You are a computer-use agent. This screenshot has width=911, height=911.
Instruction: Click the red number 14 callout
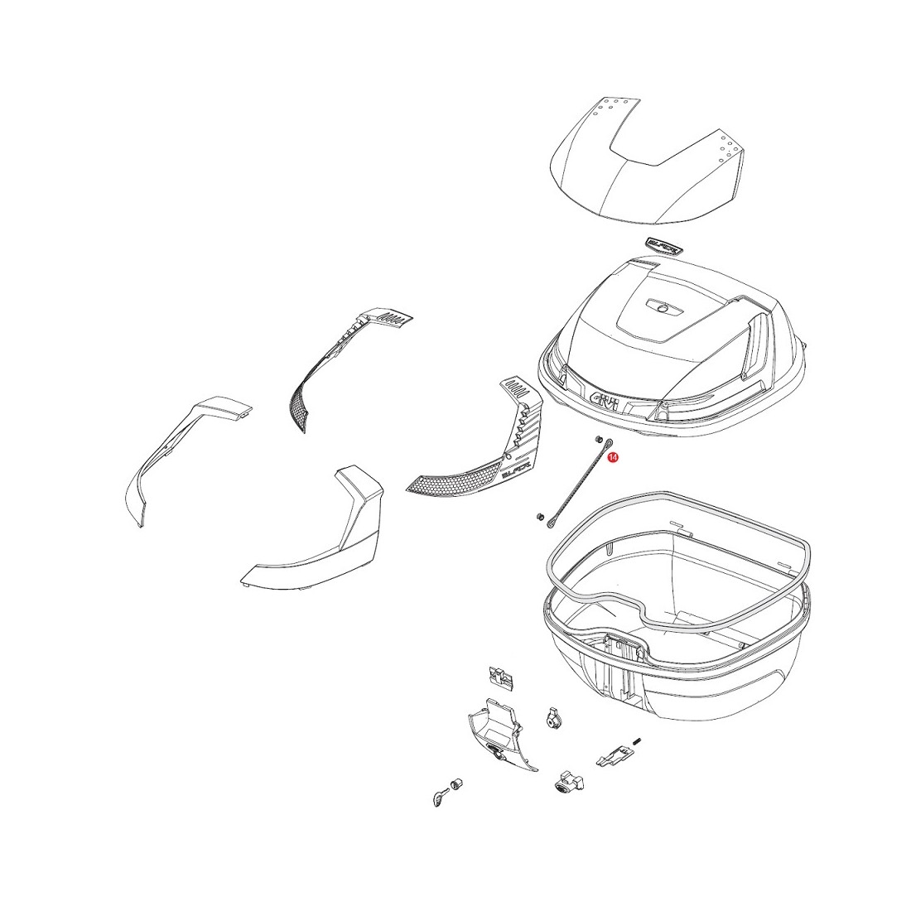point(612,459)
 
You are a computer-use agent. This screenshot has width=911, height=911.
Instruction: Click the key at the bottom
point(439,798)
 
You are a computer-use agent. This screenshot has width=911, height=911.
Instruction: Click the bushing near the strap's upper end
point(597,438)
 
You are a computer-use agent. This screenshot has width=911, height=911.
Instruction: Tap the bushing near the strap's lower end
point(538,516)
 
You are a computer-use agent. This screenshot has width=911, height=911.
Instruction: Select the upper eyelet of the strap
point(609,443)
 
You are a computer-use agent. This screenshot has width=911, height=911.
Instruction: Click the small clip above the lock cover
point(500,677)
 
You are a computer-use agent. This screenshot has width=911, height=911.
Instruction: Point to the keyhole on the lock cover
point(495,754)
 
